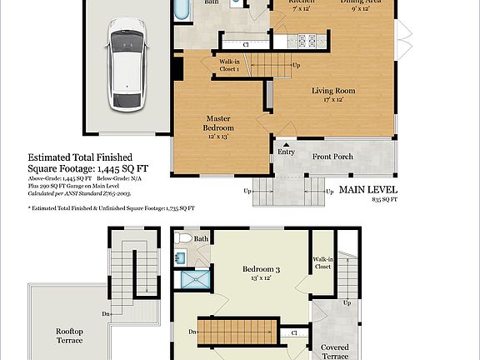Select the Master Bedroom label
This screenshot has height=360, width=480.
click(x=218, y=122)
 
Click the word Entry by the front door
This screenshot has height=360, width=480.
click(x=286, y=152)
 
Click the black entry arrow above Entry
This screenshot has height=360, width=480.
click(x=286, y=144)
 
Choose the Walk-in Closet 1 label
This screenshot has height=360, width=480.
click(x=229, y=65)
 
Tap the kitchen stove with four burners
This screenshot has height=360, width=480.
click(x=308, y=39)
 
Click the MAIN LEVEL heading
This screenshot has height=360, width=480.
click(x=367, y=190)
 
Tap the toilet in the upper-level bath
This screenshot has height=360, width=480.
click(x=183, y=238)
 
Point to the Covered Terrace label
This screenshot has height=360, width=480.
click(x=334, y=351)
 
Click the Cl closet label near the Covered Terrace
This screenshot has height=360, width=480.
click(x=295, y=332)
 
